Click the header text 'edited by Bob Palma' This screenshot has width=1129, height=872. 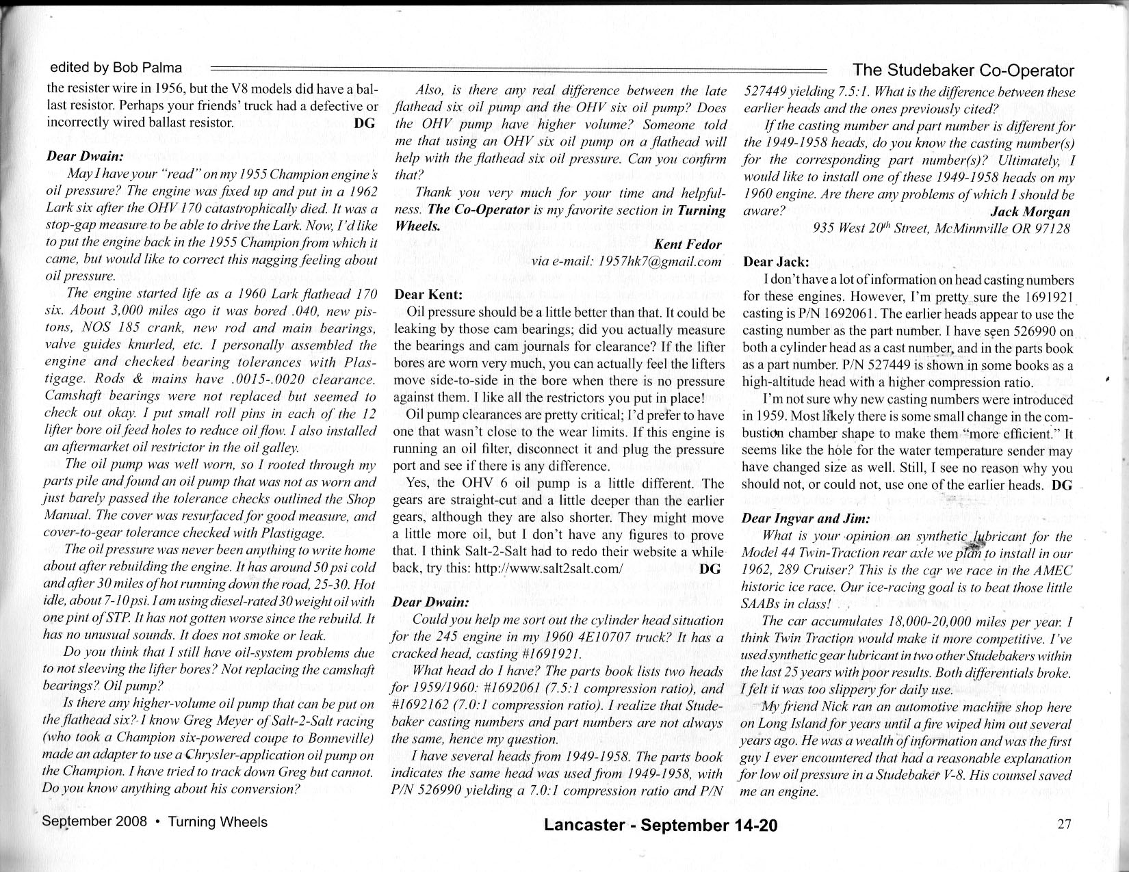pos(116,68)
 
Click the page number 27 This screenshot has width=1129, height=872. pos(1064,823)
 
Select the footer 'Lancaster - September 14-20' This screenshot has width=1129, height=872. pos(660,825)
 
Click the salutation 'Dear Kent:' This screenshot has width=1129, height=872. pos(429,295)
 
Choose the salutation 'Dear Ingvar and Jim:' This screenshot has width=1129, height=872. pos(805,518)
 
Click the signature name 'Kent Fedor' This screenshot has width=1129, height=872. pos(687,244)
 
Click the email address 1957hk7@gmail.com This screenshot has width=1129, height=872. pos(660,261)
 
